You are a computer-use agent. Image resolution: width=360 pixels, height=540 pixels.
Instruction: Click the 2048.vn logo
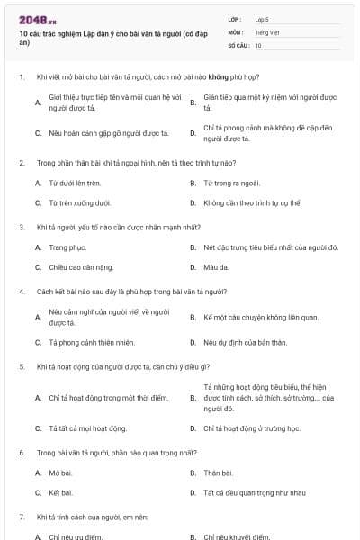pos(31,19)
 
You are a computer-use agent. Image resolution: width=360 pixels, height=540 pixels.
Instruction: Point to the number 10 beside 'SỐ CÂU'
pos(258,44)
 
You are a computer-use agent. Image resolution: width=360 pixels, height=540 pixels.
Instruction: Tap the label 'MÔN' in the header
pos(235,31)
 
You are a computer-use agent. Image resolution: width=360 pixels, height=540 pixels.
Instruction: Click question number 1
pos(21,77)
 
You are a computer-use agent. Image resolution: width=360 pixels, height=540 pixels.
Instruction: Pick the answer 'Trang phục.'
pos(68,247)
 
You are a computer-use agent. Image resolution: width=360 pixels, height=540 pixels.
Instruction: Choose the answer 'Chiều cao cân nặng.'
pos(79,267)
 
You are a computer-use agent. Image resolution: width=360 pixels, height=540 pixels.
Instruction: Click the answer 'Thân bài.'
pos(218,472)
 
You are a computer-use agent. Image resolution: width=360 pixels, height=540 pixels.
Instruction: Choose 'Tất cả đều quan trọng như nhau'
pos(255,492)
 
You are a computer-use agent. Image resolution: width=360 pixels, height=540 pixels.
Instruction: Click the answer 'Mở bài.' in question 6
pos(61,472)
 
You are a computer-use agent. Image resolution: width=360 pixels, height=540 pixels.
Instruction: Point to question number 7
pos(21,517)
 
